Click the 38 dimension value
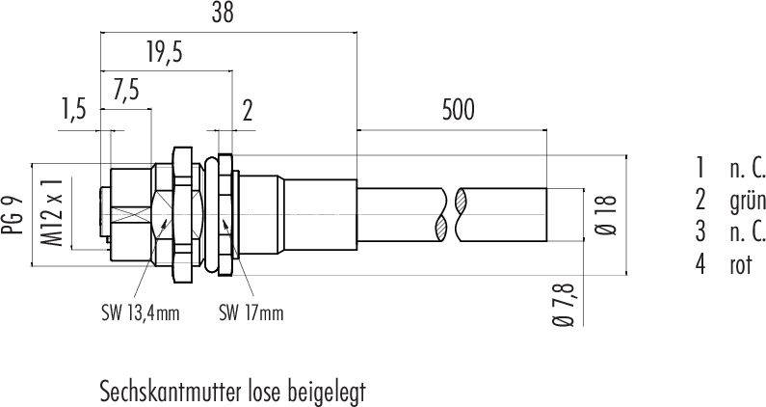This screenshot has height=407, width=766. point(223,14)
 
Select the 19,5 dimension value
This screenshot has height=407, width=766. point(164,53)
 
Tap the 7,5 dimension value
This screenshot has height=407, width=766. point(126,91)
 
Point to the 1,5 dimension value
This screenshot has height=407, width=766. point(73,109)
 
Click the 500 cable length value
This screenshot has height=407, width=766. point(458,110)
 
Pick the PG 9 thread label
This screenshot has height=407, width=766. point(14,215)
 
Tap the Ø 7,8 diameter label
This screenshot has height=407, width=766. point(566,304)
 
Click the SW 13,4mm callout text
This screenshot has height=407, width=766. point(141,312)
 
